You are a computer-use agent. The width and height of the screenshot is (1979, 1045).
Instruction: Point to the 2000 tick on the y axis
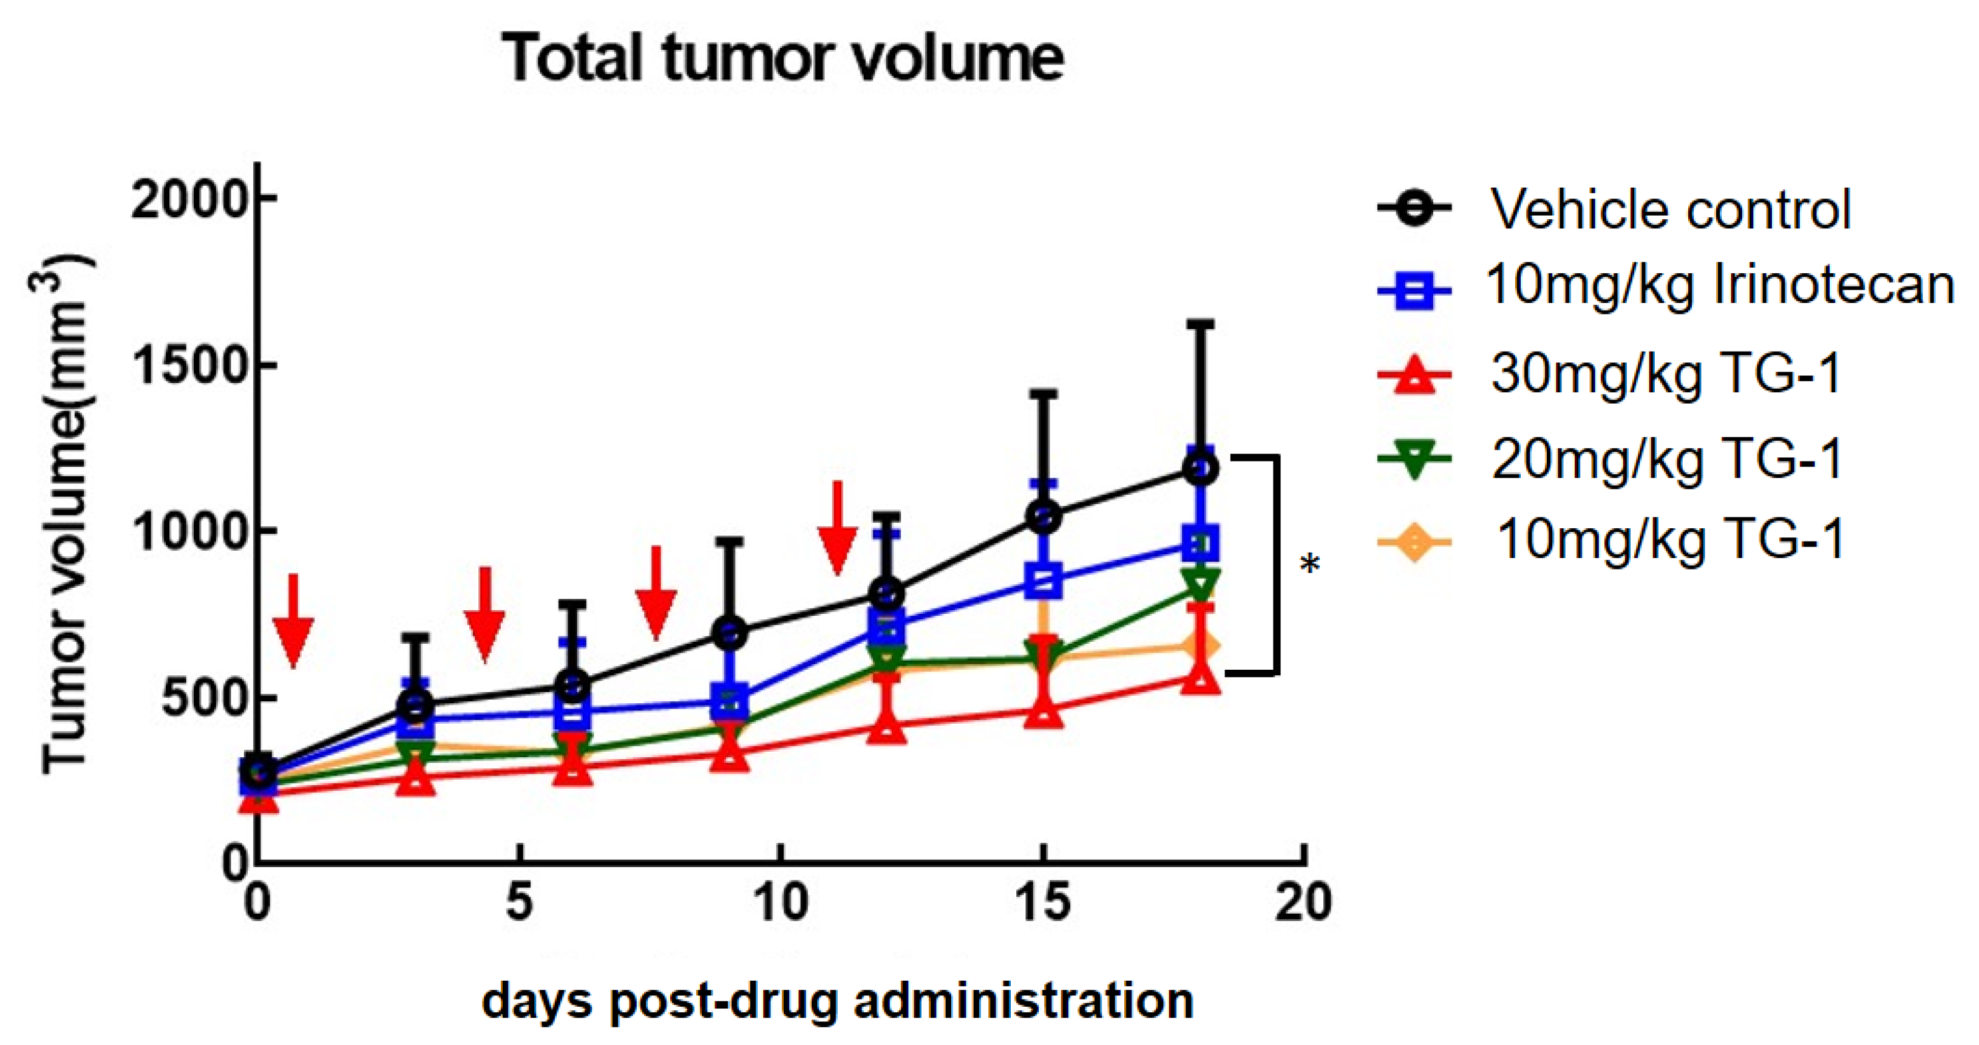tap(190, 202)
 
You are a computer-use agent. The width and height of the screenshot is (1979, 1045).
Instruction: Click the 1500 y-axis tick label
tap(190, 367)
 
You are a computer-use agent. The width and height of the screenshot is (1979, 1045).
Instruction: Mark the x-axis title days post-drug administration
tap(837, 1001)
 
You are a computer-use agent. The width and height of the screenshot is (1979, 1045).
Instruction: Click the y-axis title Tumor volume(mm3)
tap(66, 515)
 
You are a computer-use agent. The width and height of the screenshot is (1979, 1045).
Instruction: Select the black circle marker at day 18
tap(1201, 468)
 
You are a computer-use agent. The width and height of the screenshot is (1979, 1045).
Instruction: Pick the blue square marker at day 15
tap(1044, 580)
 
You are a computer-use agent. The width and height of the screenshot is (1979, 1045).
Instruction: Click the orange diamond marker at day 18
tap(1201, 646)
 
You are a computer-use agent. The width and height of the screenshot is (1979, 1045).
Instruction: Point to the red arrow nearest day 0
tap(293, 621)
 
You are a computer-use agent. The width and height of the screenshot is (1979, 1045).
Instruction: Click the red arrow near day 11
tap(837, 529)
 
